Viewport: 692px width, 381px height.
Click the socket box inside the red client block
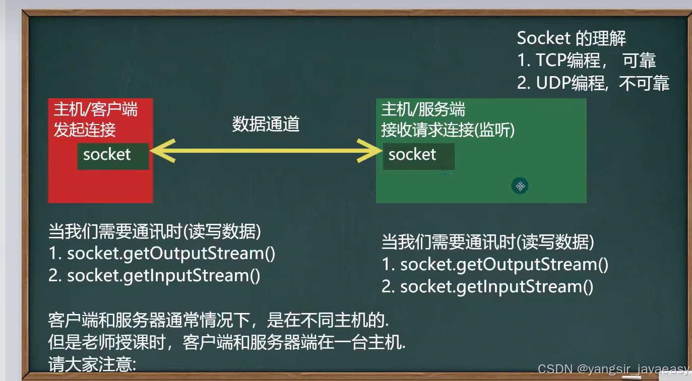(113, 156)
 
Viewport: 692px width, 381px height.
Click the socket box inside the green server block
(419, 156)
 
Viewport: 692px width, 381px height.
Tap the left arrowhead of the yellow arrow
(163, 151)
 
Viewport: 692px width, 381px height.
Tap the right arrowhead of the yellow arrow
(369, 151)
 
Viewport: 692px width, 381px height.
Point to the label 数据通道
(266, 124)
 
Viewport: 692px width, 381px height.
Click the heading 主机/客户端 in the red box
(95, 109)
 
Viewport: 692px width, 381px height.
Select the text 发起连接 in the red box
(85, 130)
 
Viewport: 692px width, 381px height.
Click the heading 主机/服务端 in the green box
(423, 109)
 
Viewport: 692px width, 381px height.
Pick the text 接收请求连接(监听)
(448, 130)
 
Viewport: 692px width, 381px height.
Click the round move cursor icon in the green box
(520, 186)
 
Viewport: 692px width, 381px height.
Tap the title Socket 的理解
(572, 38)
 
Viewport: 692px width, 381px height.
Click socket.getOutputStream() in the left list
(171, 253)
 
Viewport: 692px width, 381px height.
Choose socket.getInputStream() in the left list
(164, 276)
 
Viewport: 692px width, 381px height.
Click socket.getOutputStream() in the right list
(504, 265)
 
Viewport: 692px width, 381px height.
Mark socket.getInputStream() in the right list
(497, 287)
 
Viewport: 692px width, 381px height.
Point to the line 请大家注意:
(92, 364)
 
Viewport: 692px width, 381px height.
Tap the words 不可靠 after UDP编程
(644, 83)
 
